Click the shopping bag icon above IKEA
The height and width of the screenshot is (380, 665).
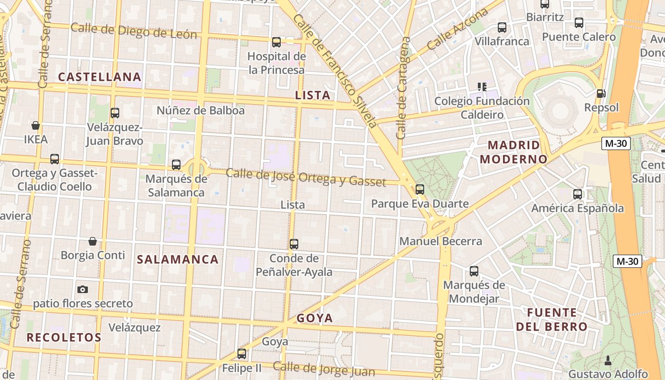[36, 125]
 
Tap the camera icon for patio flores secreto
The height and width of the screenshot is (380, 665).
[83, 289]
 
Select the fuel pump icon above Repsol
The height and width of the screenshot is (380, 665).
[601, 94]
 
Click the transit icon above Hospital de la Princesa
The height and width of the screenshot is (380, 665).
[276, 42]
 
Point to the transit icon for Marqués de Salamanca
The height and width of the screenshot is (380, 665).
[176, 165]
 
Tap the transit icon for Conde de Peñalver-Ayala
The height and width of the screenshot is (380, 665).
[294, 244]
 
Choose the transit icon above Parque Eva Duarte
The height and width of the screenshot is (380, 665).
[420, 190]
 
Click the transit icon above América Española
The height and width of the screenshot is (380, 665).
[578, 194]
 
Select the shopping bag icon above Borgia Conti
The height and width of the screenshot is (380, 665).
[93, 241]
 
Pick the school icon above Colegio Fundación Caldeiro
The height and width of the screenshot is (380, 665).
[482, 87]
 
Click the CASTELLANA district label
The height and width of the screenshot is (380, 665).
[100, 77]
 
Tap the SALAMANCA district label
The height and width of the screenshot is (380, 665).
[178, 259]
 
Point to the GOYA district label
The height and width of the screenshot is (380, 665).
[314, 318]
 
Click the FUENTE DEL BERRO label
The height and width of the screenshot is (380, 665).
[552, 320]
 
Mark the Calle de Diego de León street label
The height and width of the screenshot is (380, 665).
[133, 31]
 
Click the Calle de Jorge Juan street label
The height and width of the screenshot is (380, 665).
[323, 369]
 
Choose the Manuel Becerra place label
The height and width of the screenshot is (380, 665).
[441, 241]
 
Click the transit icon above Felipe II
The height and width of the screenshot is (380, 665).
[242, 354]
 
